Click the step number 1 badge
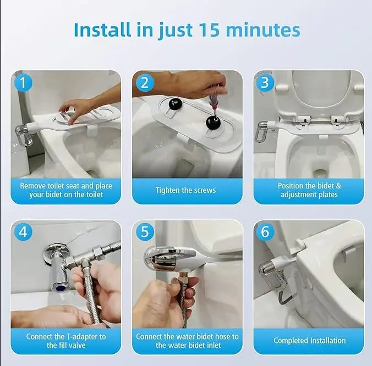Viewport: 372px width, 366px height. point(23,82)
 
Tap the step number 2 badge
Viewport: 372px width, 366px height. point(144,82)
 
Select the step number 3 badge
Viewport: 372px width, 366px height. point(265,82)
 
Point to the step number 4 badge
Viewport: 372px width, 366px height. point(23,232)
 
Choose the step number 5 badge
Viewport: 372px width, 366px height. point(144,232)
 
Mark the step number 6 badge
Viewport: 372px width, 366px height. point(265,232)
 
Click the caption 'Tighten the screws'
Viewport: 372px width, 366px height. point(185,190)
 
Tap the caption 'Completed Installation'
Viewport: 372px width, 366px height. point(309,341)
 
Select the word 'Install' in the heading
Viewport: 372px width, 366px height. point(103,29)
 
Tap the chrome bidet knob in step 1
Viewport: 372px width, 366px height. point(23,134)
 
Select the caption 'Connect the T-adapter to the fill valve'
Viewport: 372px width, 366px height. point(66,341)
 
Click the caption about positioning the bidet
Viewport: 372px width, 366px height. point(309,190)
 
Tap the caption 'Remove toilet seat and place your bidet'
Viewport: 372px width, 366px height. point(66,190)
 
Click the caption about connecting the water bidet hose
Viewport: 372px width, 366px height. point(187,341)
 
